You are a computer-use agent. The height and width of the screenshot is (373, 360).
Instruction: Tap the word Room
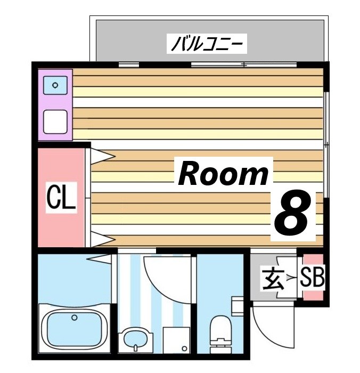(x=224, y=174)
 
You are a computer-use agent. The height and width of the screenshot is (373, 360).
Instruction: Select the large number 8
(x=291, y=213)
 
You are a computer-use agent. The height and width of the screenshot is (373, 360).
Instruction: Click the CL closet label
(x=61, y=197)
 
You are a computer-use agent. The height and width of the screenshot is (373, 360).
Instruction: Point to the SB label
(x=312, y=277)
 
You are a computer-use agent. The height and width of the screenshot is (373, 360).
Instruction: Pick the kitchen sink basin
(x=55, y=84)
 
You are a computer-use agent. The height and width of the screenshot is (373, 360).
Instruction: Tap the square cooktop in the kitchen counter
(x=55, y=121)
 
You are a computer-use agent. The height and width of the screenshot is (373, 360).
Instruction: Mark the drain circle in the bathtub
(x=75, y=318)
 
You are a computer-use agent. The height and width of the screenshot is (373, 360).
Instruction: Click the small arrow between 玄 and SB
(x=290, y=278)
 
